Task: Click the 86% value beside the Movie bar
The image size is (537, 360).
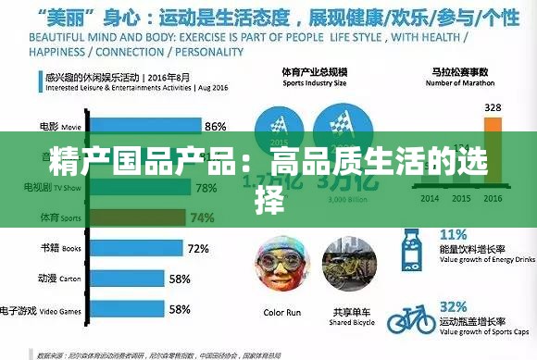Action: (215, 127)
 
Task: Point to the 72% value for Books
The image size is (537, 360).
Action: (197, 248)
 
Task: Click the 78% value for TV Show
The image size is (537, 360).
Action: (206, 188)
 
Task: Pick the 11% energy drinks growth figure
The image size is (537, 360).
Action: (454, 234)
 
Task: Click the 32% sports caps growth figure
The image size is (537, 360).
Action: (454, 306)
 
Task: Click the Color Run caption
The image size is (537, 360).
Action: (282, 313)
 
